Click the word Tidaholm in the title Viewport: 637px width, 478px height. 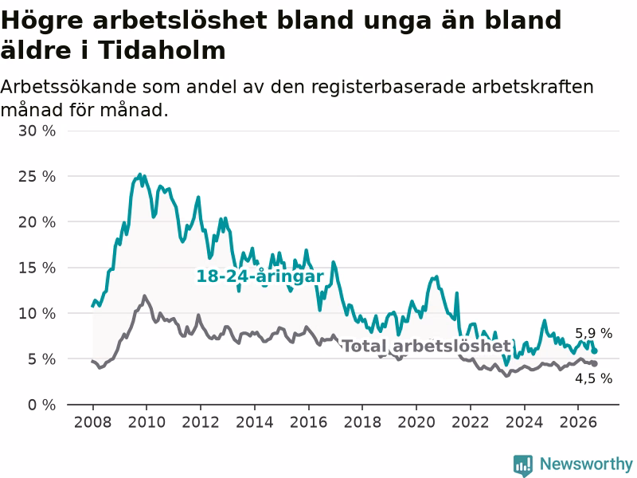tap(162, 50)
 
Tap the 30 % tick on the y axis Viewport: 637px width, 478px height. tap(37, 131)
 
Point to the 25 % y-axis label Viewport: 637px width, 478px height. tap(37, 176)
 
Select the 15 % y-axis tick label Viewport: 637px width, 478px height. tap(37, 268)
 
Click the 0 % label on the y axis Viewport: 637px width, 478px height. tap(41, 405)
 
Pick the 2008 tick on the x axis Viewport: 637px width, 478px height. tap(92, 422)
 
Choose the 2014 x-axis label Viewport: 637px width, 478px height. tap(254, 422)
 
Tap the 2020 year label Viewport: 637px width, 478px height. tap(416, 422)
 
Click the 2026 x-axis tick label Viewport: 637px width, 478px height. tap(578, 422)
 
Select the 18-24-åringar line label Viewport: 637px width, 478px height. tap(260, 276)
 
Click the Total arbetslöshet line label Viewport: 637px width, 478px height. tap(427, 347)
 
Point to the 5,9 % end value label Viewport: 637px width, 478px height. tap(593, 333)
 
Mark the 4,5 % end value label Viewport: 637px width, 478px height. tap(593, 378)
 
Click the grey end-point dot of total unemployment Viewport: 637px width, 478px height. tap(595, 363)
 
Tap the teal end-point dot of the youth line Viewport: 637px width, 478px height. tap(595, 351)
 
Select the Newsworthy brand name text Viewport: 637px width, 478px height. tap(586, 464)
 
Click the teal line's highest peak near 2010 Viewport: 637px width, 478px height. tap(140, 174)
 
